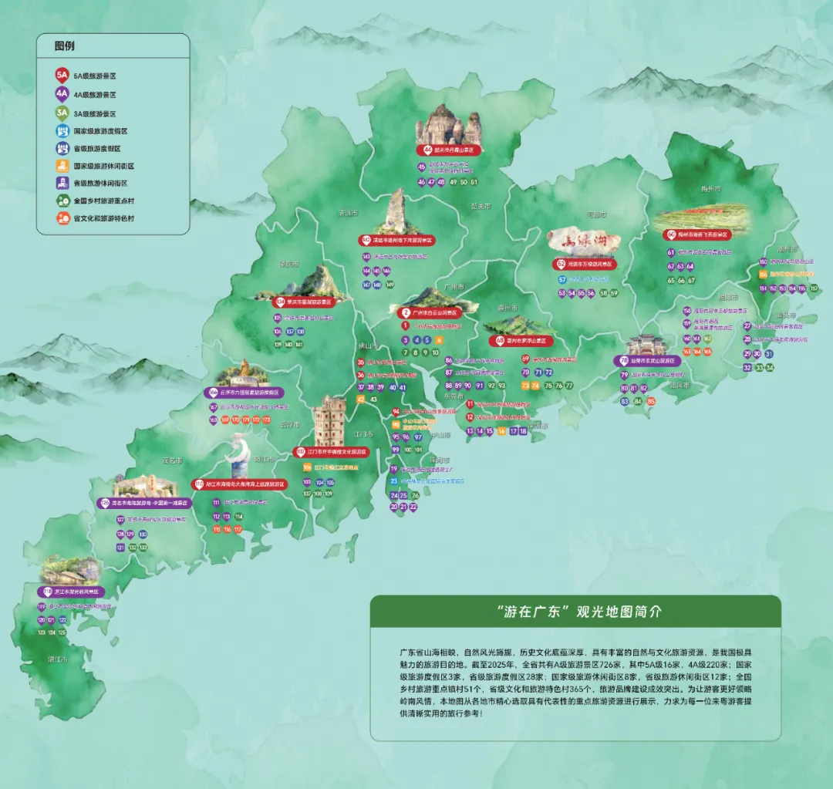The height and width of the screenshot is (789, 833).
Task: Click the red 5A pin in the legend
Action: tap(62, 76)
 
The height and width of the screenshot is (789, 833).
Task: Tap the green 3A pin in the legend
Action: tap(62, 113)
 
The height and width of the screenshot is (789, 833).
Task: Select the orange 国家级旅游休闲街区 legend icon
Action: tap(62, 166)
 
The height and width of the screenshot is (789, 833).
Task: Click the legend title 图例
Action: tap(65, 46)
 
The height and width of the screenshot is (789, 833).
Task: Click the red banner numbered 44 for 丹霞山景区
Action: tap(449, 150)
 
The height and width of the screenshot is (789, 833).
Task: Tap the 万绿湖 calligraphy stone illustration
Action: tap(584, 241)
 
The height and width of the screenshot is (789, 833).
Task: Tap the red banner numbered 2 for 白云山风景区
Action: tap(431, 313)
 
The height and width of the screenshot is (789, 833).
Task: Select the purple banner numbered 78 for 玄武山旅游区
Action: tap(649, 360)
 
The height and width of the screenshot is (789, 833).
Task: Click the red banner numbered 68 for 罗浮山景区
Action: tap(521, 340)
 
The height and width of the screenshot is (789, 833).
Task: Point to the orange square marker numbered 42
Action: tap(361, 400)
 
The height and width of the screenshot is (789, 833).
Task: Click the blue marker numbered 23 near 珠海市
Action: tap(393, 481)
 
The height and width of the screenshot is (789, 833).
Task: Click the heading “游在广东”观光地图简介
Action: tap(575, 611)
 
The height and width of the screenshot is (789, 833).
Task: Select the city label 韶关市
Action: tap(481, 206)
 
